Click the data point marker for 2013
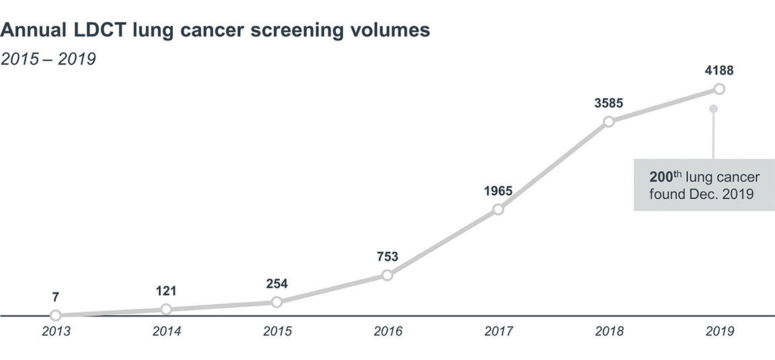coord(56,315)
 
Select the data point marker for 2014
coord(166,309)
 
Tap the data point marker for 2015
coord(276,302)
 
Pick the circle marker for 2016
coord(387,275)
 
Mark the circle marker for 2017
coord(498,209)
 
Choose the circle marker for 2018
coord(609,122)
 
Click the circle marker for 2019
coord(719,89)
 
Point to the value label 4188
coord(719,70)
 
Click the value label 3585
coord(609,103)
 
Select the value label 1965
coord(498,190)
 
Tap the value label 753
coord(387,256)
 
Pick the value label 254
coord(276,283)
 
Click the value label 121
coord(166,291)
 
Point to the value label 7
coord(56,297)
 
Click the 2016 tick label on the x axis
coord(387,331)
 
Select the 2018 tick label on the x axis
coord(609,331)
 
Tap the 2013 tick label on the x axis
coord(56,331)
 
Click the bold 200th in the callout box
coord(665,177)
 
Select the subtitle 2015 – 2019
coord(48,59)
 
